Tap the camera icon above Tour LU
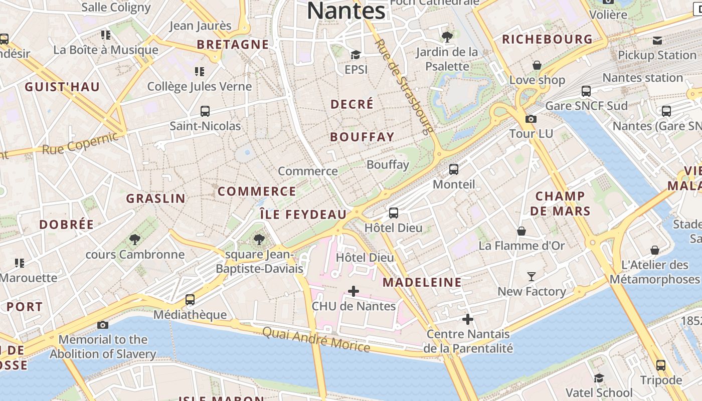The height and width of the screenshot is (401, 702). click(531, 119)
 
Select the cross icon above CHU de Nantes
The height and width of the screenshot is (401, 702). click(354, 291)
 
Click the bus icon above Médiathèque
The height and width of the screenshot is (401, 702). click(190, 300)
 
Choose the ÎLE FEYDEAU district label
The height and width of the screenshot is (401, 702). click(303, 215)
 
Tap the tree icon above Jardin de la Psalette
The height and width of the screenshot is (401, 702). click(447, 37)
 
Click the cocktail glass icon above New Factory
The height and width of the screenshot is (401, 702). click(532, 276)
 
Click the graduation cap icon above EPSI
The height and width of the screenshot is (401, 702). click(356, 55)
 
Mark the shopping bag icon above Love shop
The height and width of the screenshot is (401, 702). click(537, 65)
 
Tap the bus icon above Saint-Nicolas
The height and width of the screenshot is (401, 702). click(205, 111)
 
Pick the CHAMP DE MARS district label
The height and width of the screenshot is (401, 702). click(560, 204)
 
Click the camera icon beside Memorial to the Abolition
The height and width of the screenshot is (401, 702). click(103, 325)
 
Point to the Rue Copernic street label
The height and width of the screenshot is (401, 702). click(80, 142)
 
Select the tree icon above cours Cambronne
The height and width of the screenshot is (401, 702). click(134, 239)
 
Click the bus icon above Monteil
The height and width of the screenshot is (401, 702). click(453, 169)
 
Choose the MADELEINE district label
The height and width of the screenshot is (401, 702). click(422, 282)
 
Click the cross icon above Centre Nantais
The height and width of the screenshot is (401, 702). click(468, 319)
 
